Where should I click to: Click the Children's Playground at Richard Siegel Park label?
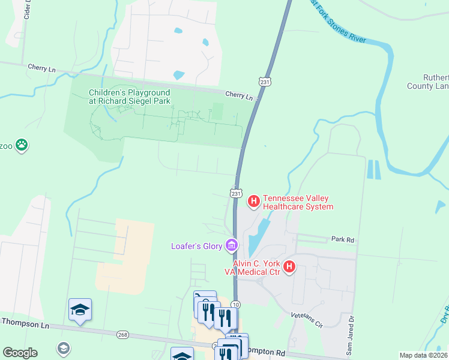pos(129,97)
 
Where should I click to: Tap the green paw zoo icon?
pos(22,145)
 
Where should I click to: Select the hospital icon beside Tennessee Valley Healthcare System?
pos(254,200)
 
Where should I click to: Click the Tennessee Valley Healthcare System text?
pos(298,203)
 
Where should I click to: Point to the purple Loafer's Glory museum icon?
pos(231,245)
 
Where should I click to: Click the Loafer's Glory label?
pos(196,245)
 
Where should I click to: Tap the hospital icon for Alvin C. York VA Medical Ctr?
pos(289,266)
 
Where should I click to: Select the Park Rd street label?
pos(343,239)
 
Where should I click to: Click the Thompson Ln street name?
pos(24,322)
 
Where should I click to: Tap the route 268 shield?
pos(123,334)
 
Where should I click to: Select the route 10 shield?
pos(235,305)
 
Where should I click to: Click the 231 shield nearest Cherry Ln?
pos(264,80)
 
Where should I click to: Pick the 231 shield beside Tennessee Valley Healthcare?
pos(236,193)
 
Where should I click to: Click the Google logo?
pos(20,352)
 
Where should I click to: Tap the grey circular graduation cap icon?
pos(63,348)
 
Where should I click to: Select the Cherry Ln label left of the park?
pos(41,69)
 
